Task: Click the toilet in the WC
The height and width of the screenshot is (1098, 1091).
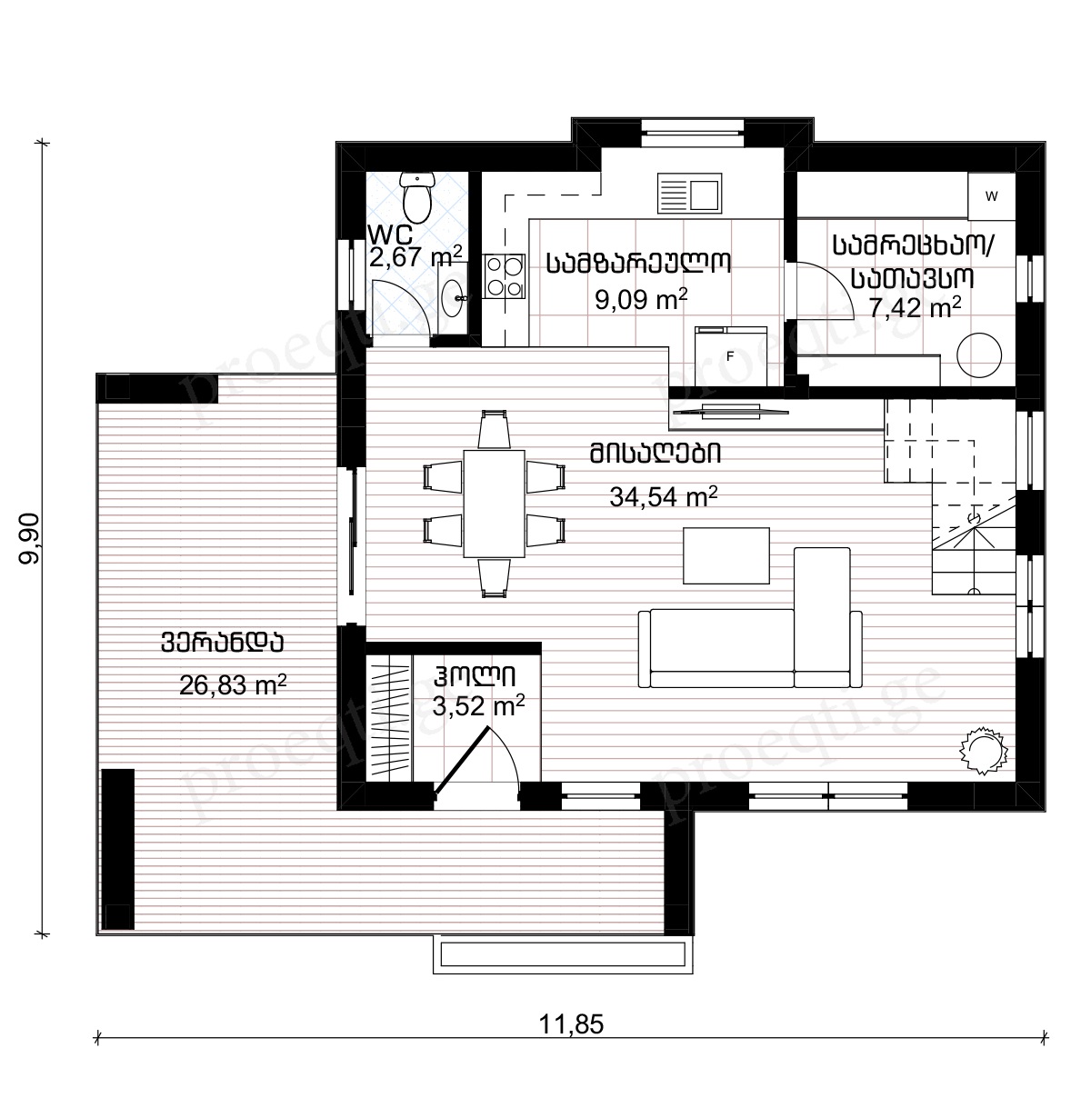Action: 416,198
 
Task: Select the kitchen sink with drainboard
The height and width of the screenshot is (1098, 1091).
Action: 689,194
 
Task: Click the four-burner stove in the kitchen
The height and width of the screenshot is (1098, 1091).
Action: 504,275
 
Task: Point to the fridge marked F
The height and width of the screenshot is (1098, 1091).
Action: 731,356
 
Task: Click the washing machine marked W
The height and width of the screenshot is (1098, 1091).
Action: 991,196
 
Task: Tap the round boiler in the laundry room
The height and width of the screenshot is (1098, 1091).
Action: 978,355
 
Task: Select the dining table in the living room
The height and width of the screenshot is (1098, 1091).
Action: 495,504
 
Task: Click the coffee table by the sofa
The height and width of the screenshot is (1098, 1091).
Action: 726,555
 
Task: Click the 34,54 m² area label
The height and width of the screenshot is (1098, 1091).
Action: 664,497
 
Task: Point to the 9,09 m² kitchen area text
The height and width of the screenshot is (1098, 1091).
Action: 641,299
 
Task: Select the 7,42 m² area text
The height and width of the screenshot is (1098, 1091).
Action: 915,308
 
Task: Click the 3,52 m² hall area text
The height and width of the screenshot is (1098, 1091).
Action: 478,706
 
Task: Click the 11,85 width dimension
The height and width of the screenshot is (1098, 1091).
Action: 571,1024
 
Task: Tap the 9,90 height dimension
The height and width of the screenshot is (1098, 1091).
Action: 30,538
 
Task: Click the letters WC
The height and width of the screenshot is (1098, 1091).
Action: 390,235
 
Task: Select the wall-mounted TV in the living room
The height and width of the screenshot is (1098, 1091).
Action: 731,411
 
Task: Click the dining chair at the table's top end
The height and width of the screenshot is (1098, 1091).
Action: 494,429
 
